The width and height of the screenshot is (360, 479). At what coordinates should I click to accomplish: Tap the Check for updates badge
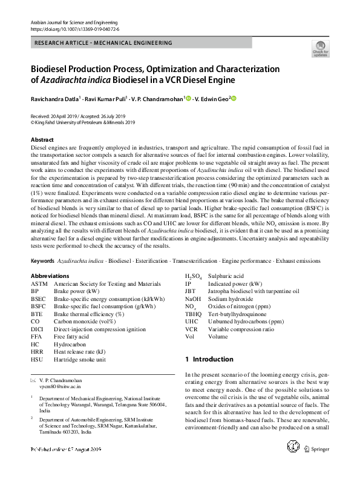(x=320, y=49)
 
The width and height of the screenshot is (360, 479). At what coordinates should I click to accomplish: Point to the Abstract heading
(x=42, y=139)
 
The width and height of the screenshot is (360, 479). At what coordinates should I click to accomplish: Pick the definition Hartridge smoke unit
(x=80, y=359)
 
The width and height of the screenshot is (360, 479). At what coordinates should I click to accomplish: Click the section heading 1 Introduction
(x=209, y=359)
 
